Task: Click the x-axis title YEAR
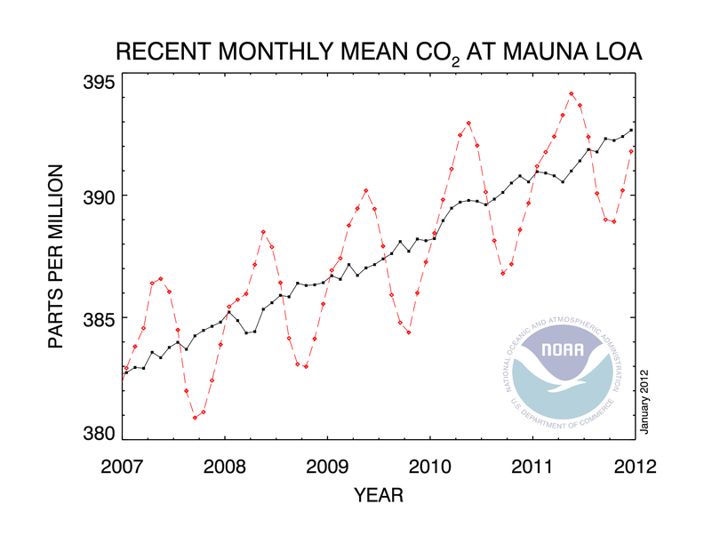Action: tap(379, 493)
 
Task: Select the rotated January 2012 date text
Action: tap(647, 403)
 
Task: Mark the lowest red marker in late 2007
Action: tap(195, 417)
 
